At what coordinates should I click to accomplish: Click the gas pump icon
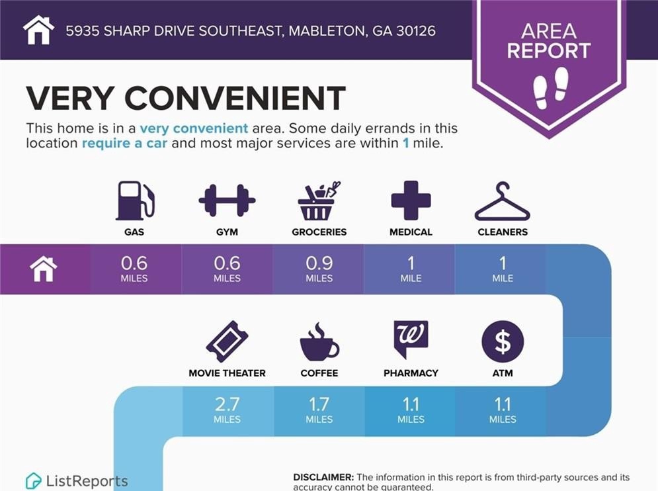pyautogui.click(x=135, y=201)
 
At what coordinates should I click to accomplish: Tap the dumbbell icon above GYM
pyautogui.click(x=227, y=201)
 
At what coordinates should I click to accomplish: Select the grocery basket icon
pyautogui.click(x=319, y=201)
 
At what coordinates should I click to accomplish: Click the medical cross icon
pyautogui.click(x=411, y=201)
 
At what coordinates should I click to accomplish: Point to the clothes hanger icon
pyautogui.click(x=503, y=201)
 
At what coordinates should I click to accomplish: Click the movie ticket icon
pyautogui.click(x=227, y=341)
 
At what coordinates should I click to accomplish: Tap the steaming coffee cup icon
pyautogui.click(x=319, y=341)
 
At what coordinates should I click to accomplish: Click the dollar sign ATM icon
pyautogui.click(x=503, y=341)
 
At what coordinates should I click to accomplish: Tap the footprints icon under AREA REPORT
pyautogui.click(x=551, y=87)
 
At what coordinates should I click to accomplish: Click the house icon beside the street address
pyautogui.click(x=38, y=30)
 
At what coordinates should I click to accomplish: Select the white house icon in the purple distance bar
pyautogui.click(x=43, y=269)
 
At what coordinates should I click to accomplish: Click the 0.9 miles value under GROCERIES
pyautogui.click(x=319, y=269)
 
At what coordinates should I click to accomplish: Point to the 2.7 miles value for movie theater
pyautogui.click(x=227, y=410)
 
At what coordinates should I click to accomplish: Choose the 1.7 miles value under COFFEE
pyautogui.click(x=319, y=410)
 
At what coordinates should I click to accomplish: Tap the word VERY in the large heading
pyautogui.click(x=69, y=98)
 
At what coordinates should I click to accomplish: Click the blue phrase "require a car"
pyautogui.click(x=124, y=143)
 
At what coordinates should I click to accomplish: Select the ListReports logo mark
pyautogui.click(x=33, y=481)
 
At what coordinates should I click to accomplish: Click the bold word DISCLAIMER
pyautogui.click(x=323, y=478)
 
